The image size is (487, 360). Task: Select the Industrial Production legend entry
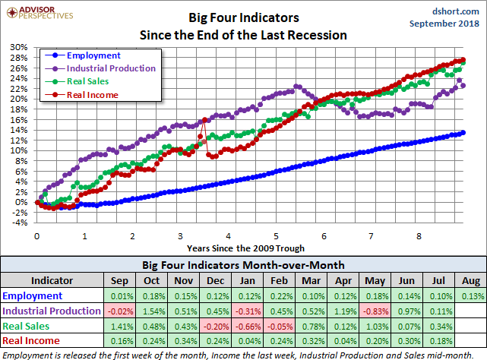click(110, 68)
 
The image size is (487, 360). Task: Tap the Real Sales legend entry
click(87, 81)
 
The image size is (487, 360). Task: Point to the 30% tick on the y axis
click(19, 47)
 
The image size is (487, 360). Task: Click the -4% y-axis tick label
click(19, 223)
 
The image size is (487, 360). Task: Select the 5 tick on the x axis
click(277, 235)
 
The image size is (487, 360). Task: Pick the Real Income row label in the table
click(30, 341)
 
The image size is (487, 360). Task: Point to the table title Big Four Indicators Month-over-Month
click(243, 265)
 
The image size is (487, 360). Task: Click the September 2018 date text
click(445, 24)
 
